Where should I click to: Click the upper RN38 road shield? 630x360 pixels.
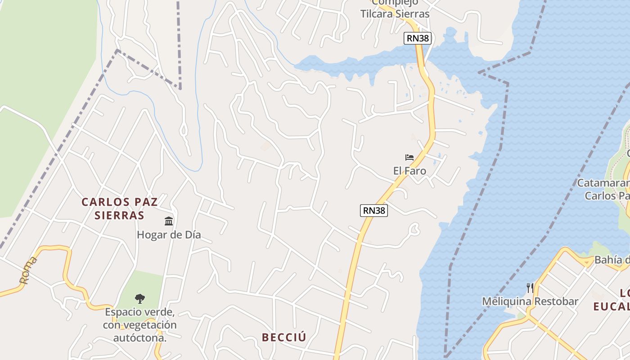[x=418, y=38]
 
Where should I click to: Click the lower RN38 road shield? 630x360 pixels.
[x=373, y=210]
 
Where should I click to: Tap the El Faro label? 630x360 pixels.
[x=409, y=171]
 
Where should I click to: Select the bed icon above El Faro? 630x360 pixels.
[x=409, y=157]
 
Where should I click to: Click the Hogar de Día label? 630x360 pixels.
[x=169, y=235]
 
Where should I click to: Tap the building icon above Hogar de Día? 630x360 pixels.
[x=169, y=221]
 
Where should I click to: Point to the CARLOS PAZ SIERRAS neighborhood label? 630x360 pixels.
[x=120, y=208]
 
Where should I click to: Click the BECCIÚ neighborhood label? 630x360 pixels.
[x=284, y=337]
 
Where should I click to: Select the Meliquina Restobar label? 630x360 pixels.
[x=530, y=301]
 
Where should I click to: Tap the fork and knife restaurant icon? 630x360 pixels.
[x=530, y=288]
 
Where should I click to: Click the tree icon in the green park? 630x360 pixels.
[x=140, y=298]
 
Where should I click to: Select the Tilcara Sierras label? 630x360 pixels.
[x=395, y=13]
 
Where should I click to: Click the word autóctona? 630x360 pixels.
[x=139, y=337]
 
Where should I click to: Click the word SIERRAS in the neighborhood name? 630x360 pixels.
[x=120, y=215]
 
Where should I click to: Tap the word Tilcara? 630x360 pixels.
[x=377, y=13]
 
